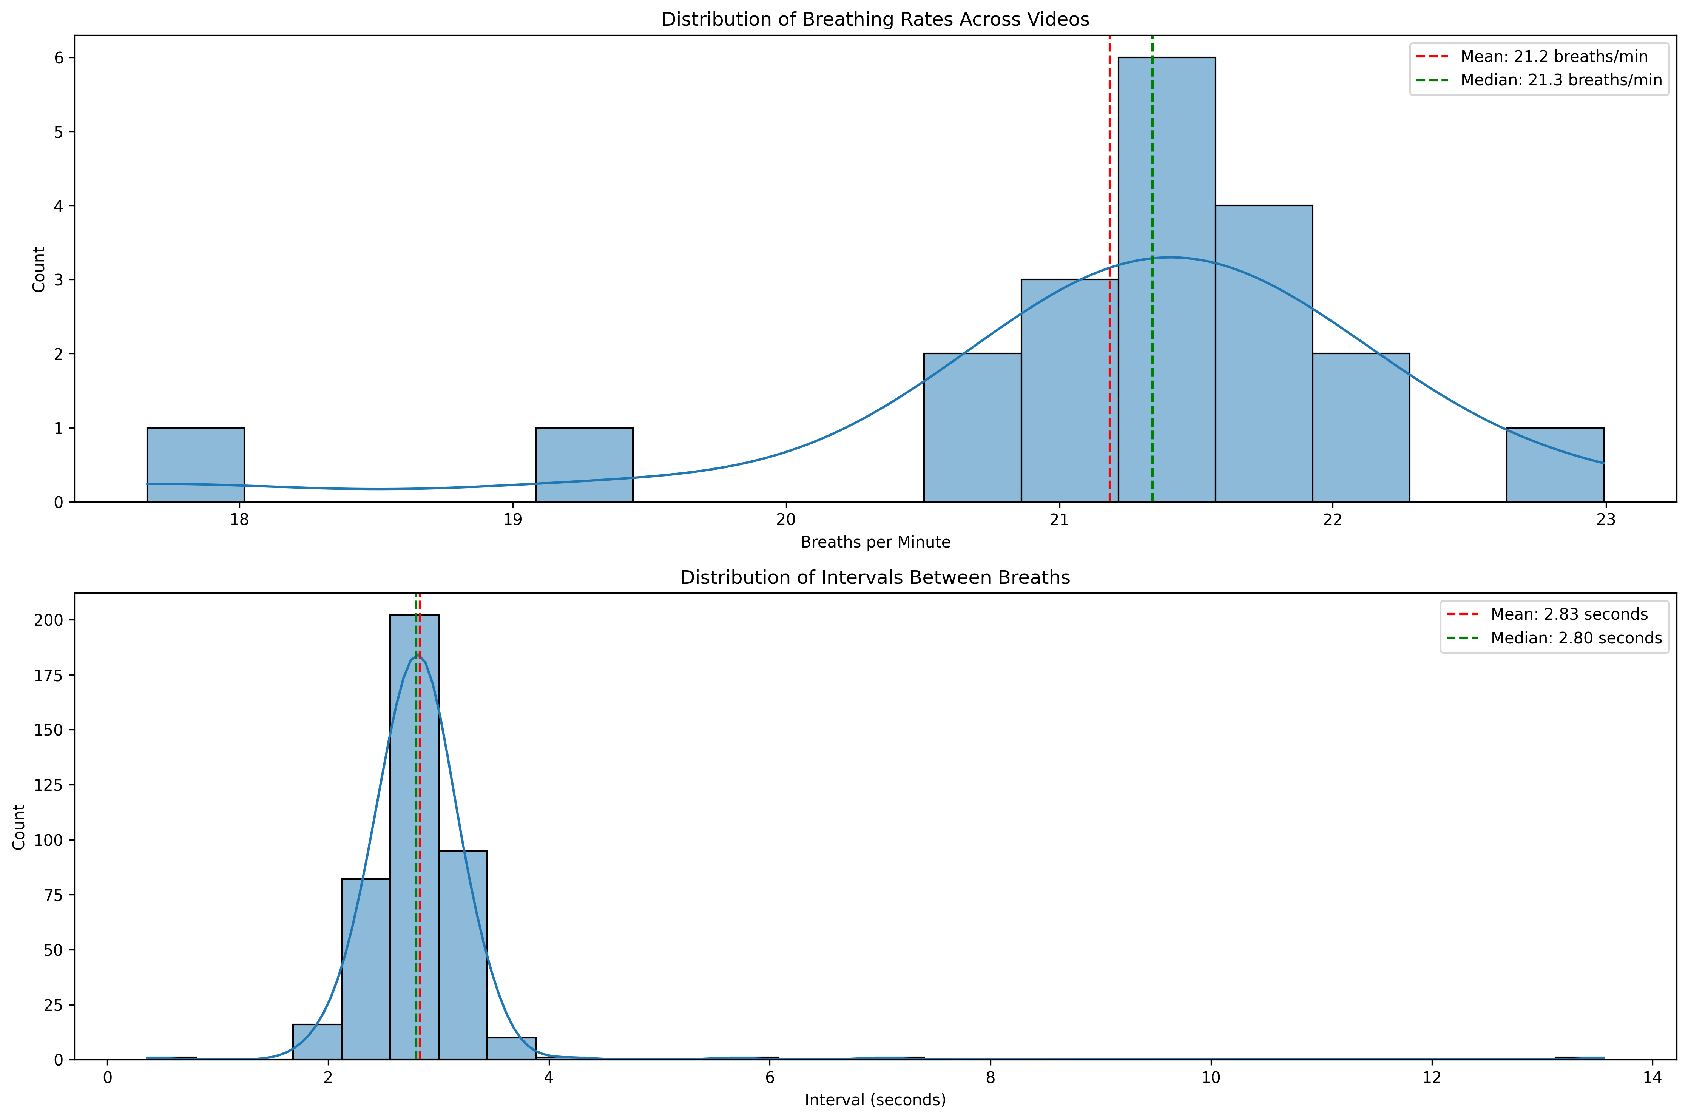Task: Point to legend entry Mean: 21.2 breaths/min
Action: point(1554,56)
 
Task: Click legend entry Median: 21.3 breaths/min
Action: point(1561,80)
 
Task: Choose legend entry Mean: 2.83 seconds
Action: point(1569,614)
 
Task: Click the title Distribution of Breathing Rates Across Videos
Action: point(875,19)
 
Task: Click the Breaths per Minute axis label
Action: point(875,542)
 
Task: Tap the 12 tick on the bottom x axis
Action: point(1432,1077)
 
